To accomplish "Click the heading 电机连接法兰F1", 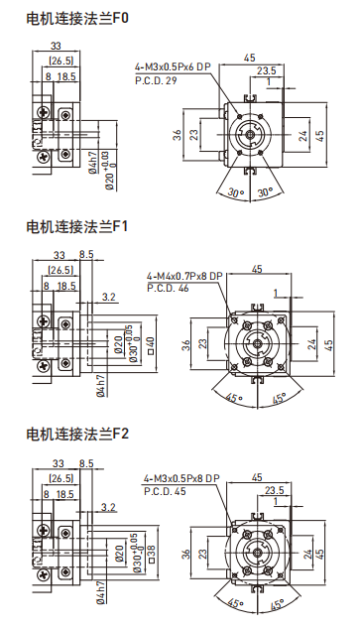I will (76, 227).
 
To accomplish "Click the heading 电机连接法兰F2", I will (76, 434).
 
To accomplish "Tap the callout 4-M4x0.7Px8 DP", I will (185, 277).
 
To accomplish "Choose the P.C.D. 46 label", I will (168, 288).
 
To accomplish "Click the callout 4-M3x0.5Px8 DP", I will (181, 478).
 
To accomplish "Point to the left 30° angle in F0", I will (234, 192).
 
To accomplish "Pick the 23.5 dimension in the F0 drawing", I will (267, 70).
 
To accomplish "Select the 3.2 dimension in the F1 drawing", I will (109, 296).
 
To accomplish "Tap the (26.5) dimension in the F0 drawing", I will (60, 61).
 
